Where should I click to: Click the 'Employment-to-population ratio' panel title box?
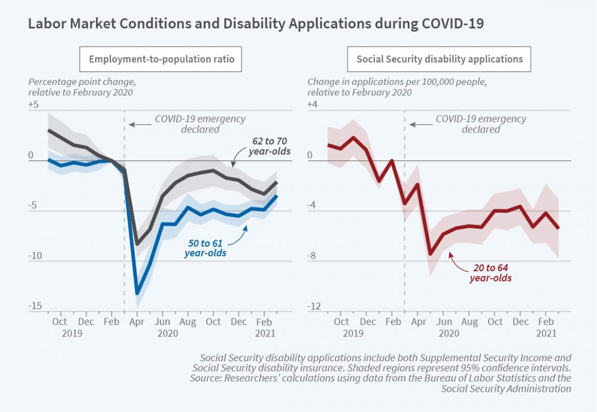[x=161, y=59]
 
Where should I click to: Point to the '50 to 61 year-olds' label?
[x=205, y=248]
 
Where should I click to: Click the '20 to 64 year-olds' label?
[x=490, y=273]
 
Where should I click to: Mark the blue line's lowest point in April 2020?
[x=137, y=293]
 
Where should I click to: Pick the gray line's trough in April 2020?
[x=137, y=244]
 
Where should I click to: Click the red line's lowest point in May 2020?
[x=430, y=254]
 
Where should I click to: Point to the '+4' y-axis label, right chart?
[x=312, y=105]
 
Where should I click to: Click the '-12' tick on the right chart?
[x=314, y=306]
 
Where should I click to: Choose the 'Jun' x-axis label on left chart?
[x=163, y=322]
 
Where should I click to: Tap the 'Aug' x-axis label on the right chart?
[x=469, y=322]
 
